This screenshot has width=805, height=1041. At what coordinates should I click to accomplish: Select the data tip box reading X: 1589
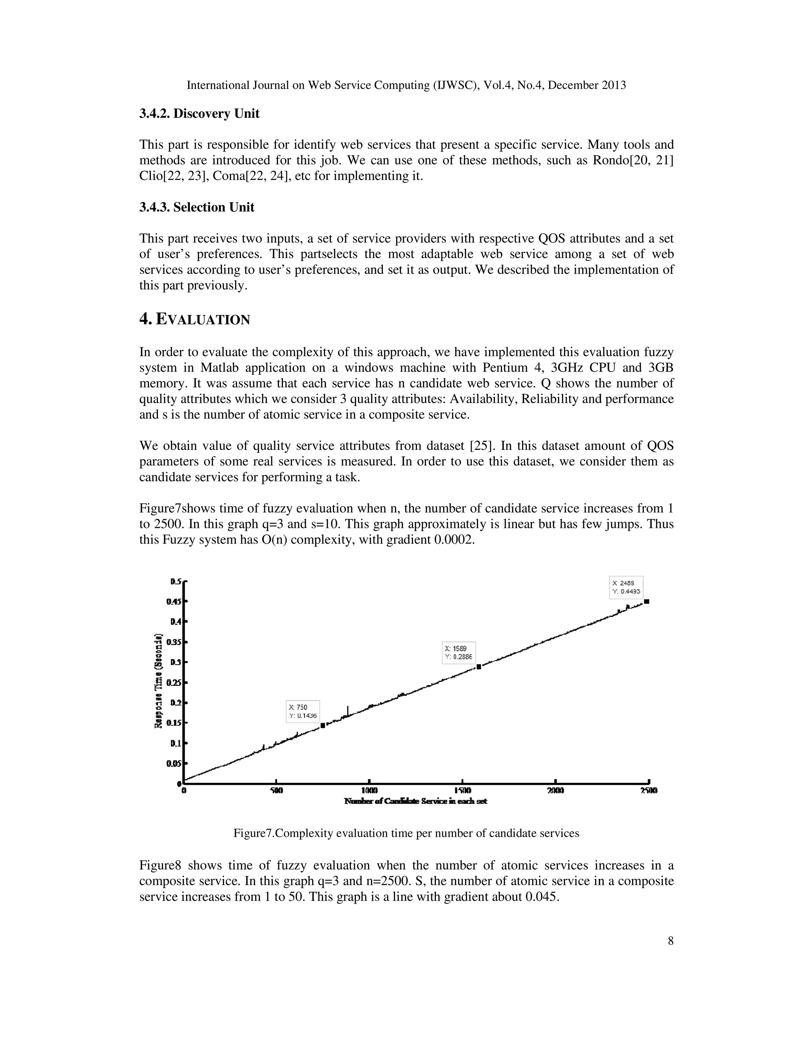(459, 652)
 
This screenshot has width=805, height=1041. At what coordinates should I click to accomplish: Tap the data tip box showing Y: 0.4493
(626, 587)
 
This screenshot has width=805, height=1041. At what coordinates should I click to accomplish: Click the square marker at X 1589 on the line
(479, 667)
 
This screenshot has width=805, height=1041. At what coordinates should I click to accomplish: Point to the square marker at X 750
(323, 726)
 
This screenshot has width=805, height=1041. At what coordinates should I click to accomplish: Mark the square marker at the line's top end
(647, 601)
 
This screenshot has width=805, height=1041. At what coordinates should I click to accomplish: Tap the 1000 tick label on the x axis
(369, 790)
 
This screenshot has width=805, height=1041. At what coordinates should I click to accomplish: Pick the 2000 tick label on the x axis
(555, 790)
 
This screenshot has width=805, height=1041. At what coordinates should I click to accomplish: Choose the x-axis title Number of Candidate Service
(415, 801)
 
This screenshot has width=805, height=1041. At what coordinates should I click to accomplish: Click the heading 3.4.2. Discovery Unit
(199, 114)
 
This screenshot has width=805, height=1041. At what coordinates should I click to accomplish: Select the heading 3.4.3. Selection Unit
(197, 207)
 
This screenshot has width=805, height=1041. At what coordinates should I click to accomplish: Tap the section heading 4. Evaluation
(195, 319)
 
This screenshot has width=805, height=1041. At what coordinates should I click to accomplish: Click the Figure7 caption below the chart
(406, 833)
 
